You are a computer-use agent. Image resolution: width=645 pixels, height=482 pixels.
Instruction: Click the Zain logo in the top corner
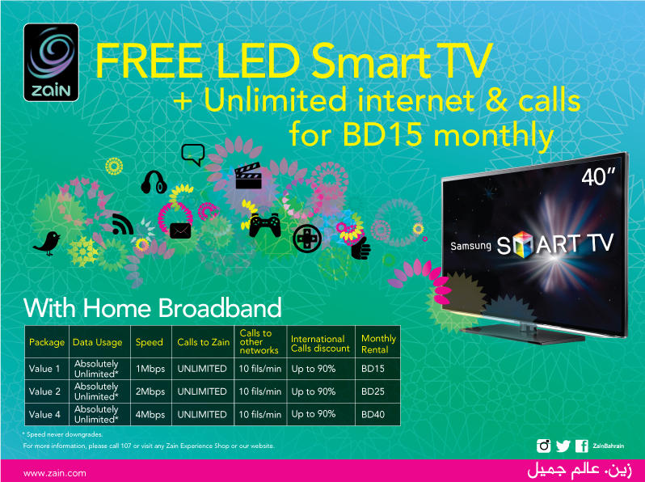51,61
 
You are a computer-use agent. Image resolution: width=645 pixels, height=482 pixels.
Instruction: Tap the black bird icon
48,241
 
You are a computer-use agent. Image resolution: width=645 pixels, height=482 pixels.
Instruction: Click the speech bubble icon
192,153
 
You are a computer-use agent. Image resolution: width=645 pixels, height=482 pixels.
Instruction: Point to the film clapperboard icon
246,176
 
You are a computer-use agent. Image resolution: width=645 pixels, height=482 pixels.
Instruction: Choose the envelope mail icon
179,232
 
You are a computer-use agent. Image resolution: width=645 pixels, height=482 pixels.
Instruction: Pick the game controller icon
264,223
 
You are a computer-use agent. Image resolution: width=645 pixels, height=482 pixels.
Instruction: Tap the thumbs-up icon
360,246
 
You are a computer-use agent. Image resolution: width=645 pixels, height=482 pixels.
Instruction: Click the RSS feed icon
123,224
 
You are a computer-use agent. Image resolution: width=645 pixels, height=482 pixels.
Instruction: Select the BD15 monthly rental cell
373,369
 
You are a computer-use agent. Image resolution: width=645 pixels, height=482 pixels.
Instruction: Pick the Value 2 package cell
45,391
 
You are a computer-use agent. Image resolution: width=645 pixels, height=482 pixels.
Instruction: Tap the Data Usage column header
97,342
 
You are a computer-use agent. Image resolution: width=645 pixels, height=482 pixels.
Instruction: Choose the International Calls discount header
321,343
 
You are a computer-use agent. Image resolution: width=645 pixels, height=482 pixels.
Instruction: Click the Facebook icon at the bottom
581,446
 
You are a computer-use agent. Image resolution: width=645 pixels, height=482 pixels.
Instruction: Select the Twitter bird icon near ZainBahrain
563,446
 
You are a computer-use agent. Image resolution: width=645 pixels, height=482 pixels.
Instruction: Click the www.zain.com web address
55,472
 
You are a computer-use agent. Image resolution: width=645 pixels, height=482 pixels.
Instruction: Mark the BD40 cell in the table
373,414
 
